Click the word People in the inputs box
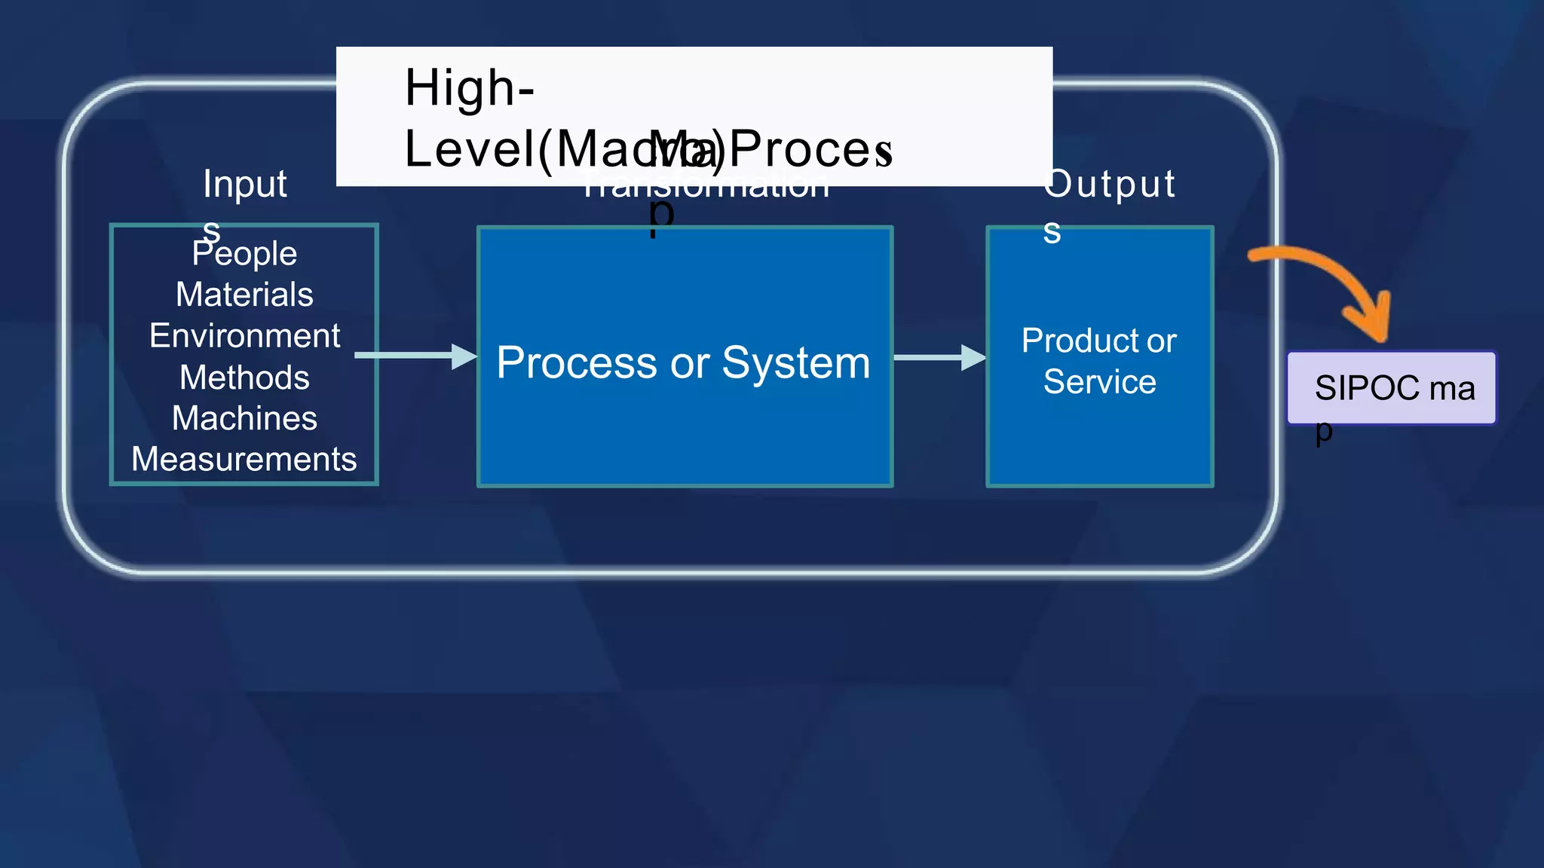click(x=244, y=254)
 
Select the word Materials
click(x=244, y=295)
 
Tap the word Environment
click(x=244, y=336)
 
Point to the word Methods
click(x=244, y=377)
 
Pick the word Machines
click(x=244, y=418)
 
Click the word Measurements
click(x=244, y=460)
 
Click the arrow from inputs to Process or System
click(x=415, y=356)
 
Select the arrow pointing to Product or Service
click(x=939, y=358)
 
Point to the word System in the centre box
click(x=795, y=363)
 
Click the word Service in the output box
click(x=1099, y=382)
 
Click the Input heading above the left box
click(x=245, y=185)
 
